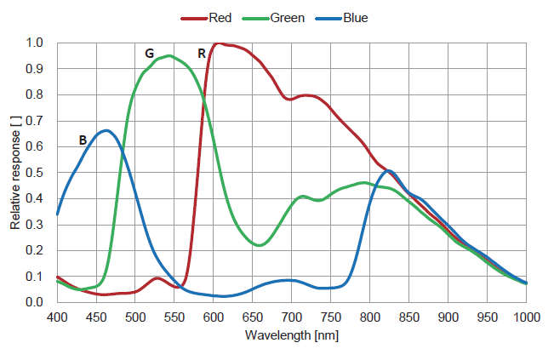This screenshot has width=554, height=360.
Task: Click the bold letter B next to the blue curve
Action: pos(83,140)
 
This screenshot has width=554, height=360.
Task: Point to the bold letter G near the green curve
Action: pos(149,53)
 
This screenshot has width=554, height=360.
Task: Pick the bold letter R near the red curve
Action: pos(202,53)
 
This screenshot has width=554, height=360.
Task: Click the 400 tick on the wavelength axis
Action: pos(57,317)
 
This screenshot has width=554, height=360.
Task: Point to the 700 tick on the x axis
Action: pos(292,317)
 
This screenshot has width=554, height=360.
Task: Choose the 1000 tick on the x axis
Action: pos(526,317)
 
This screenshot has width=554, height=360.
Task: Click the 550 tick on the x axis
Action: pos(174,317)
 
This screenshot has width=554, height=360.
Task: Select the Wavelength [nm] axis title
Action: pos(292,335)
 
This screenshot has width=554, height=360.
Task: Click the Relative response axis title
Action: pos(15,172)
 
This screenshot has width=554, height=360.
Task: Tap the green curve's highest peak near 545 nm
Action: pos(170,56)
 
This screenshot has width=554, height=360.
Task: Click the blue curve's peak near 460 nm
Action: pos(106,130)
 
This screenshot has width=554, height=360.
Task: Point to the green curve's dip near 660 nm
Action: pos(260,245)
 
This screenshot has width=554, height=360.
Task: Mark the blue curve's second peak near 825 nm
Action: pos(388,171)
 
